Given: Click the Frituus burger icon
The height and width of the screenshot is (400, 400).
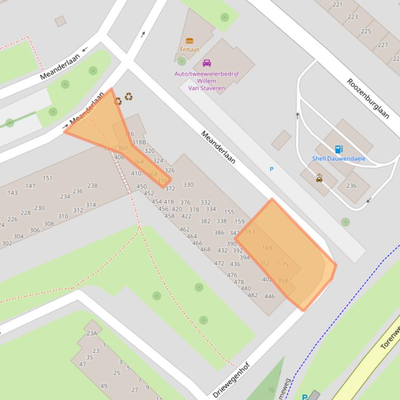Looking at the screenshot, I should click(189, 41).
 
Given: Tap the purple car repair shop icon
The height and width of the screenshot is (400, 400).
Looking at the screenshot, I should click(207, 63).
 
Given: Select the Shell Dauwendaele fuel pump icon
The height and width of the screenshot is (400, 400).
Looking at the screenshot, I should click(339, 150).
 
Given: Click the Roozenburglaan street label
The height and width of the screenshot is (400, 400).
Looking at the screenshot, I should click(368, 99).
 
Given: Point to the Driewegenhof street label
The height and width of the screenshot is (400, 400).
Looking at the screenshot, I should click(232, 380).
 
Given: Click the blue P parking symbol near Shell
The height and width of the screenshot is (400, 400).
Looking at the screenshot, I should click(272, 169).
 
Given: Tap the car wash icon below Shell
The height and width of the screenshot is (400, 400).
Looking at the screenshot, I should click(319, 178).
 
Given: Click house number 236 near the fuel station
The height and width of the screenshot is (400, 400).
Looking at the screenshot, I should click(352, 186).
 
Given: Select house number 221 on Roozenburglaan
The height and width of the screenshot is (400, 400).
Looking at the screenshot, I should click(338, 5).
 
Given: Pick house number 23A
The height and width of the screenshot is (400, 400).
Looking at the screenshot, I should click(92, 334).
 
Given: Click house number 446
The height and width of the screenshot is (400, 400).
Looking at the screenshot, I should click(269, 297).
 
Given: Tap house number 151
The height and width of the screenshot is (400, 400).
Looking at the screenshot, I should click(47, 178).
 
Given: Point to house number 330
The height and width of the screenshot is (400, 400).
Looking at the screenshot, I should click(188, 184).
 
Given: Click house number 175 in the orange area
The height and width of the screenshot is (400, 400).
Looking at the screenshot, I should click(283, 264).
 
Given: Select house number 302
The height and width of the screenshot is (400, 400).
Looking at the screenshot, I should click(7, 243).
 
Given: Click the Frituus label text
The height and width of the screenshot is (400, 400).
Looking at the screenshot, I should click(189, 50).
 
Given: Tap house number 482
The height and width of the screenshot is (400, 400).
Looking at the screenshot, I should click(253, 295).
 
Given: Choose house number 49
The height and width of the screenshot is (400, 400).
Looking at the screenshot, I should click(104, 386).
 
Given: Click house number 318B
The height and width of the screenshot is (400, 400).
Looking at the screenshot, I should click(139, 142).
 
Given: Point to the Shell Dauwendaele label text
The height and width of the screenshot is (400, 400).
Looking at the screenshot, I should click(339, 158).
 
